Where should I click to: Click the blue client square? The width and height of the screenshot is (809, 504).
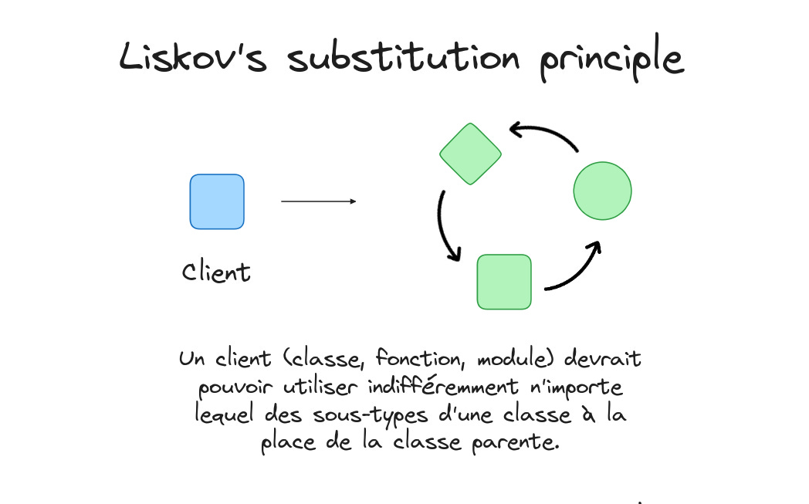tap(217, 201)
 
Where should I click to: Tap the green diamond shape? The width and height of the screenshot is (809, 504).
tap(471, 153)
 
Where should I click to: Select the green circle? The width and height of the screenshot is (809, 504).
tap(602, 191)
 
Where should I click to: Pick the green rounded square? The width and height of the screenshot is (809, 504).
tap(504, 282)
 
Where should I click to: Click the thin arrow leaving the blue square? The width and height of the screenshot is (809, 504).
tap(318, 201)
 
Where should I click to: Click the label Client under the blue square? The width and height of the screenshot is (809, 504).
tap(216, 272)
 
